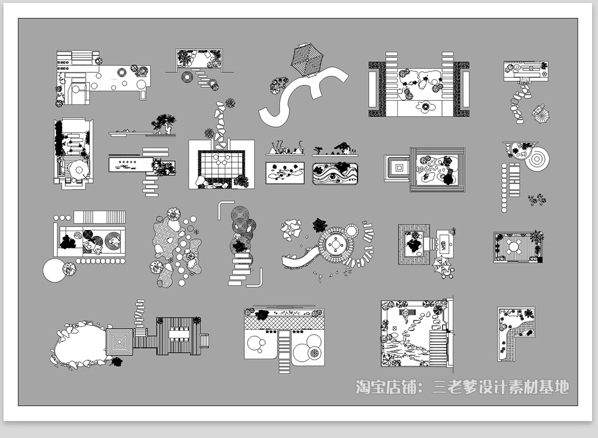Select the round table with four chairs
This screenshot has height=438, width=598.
tap(514, 246)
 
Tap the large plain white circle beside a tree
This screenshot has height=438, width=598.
tap(53, 270)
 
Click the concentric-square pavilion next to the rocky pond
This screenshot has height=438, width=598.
tap(120, 341)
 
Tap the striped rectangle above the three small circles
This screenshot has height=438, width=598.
tap(99, 218)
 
